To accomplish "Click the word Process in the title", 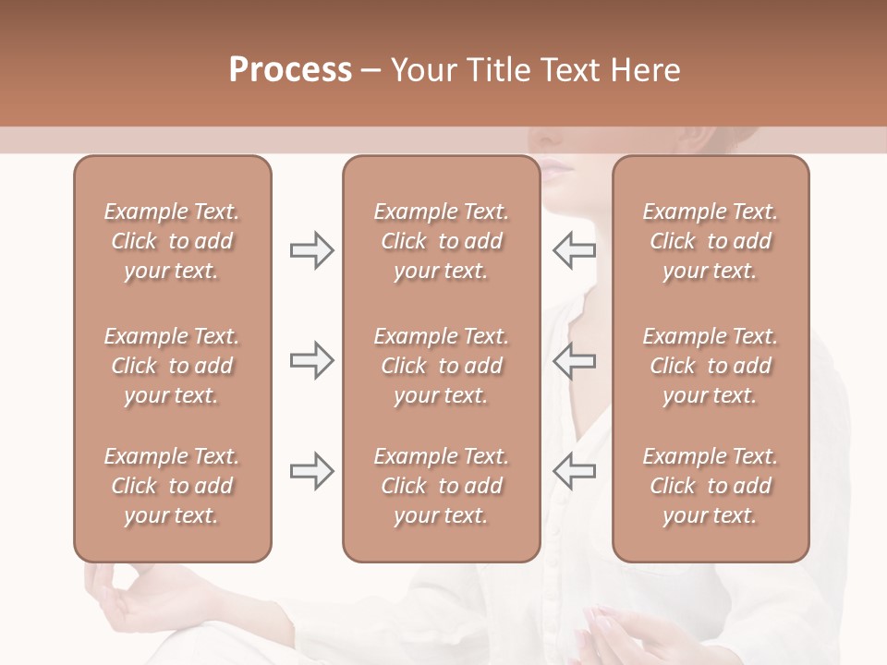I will (x=290, y=70).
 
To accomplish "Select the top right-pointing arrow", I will (x=311, y=250).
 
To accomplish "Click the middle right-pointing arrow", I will (x=311, y=360).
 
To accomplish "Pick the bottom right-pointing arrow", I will (x=311, y=470).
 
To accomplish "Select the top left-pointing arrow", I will (x=575, y=250).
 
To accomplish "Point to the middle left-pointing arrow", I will (x=575, y=360).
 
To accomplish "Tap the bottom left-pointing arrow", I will (x=575, y=470).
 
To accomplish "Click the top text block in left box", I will (x=172, y=241).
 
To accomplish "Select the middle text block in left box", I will (x=172, y=366).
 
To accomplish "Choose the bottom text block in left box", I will (x=172, y=486).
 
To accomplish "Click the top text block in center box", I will (x=441, y=241).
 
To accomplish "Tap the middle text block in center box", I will (x=441, y=366).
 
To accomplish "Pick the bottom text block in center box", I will (x=441, y=486).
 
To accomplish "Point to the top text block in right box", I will (x=710, y=241).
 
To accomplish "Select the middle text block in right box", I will (x=710, y=366).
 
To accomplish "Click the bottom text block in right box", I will (x=710, y=486).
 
